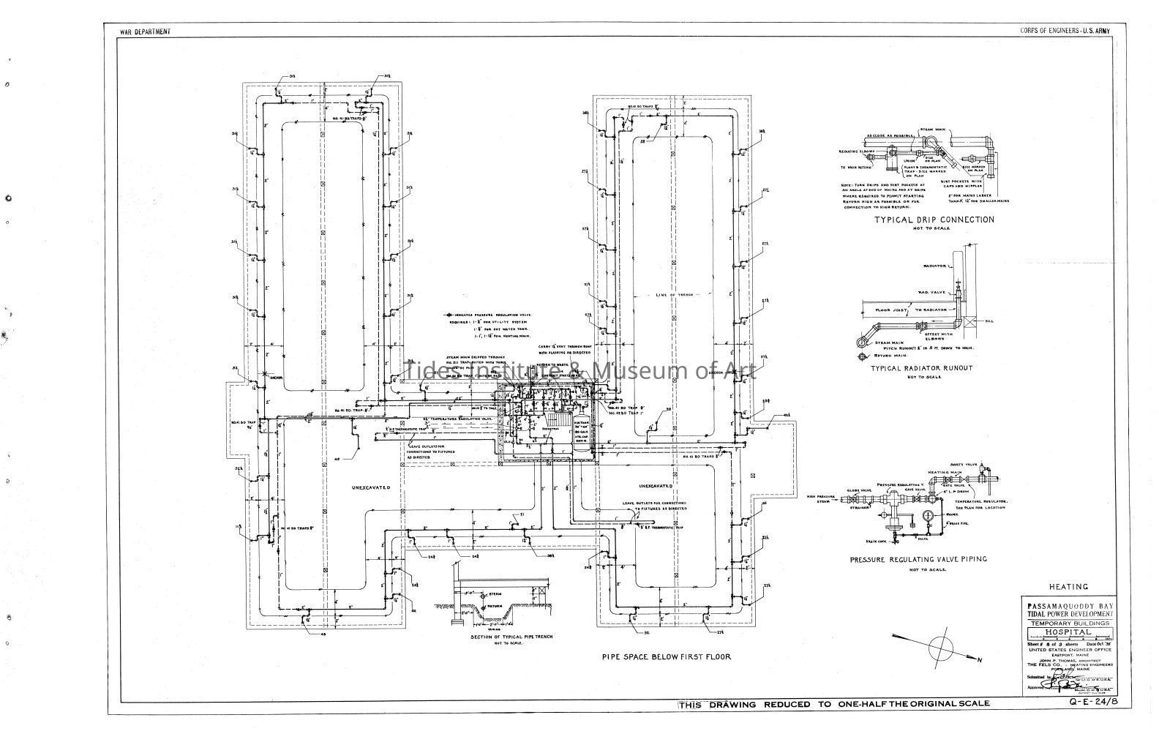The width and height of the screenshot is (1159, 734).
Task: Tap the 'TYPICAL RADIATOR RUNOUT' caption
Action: tap(920, 368)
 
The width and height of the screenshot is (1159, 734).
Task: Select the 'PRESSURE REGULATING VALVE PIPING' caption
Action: tap(918, 559)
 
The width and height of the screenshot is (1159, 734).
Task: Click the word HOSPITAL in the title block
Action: tap(1068, 632)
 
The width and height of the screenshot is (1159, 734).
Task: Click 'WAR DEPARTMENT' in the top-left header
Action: tap(146, 31)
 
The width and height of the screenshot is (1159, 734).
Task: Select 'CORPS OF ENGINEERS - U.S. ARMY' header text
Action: tap(1065, 31)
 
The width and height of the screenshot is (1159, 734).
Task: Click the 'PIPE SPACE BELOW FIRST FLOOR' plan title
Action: tap(666, 657)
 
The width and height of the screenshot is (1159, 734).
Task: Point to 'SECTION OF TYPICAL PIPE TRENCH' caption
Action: tap(511, 637)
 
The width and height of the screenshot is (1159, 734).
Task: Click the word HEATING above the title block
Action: tap(1068, 587)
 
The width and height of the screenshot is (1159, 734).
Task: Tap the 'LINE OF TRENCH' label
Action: tap(668, 295)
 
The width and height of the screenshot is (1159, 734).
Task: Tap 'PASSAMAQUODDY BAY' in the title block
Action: tap(1068, 606)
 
